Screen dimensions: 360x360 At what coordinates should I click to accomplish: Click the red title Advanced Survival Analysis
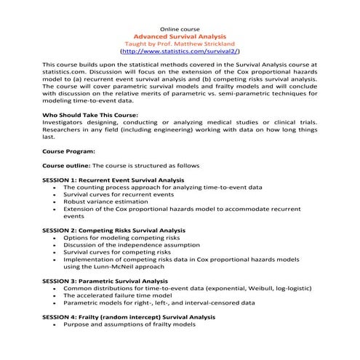tap(179, 35)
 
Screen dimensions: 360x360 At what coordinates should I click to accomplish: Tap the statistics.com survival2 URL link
tap(179, 52)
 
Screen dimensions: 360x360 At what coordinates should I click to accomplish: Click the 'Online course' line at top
tap(179, 27)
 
